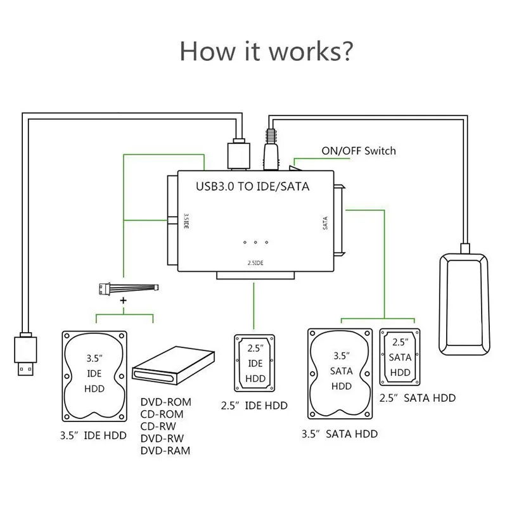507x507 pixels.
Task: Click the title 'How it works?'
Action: point(266,51)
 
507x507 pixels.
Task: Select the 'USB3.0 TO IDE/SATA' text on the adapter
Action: point(249,188)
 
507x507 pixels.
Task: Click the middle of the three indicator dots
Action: point(255,243)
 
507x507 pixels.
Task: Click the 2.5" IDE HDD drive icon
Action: point(255,363)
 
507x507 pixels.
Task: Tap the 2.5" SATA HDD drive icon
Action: point(400,356)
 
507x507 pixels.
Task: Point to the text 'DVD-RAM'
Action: point(164,451)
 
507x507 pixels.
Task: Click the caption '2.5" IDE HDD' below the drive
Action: point(255,406)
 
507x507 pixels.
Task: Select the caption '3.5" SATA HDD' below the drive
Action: point(341,434)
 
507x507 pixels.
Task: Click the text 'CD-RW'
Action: point(158,427)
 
